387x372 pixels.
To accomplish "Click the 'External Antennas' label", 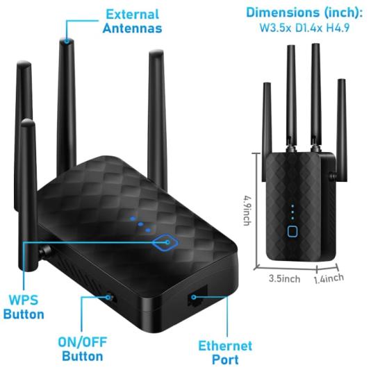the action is tap(132, 22).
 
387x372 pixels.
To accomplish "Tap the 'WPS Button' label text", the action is tap(24, 307).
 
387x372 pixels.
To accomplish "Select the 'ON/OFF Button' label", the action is tap(83, 349).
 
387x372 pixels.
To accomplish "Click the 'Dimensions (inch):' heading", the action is tap(304, 12).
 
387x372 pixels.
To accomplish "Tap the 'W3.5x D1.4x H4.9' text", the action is tap(304, 28).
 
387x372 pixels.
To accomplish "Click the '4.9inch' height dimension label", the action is tap(247, 210).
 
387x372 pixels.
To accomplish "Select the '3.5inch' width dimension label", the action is tap(285, 278).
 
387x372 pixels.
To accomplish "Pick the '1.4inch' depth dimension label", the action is tap(329, 278).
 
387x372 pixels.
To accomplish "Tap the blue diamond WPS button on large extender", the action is tap(165, 242).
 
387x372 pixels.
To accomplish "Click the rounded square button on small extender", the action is tap(293, 231).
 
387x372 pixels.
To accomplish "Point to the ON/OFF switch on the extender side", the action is tap(110, 297).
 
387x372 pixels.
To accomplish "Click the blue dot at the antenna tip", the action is tap(67, 41).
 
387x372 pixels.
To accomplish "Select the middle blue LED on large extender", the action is tap(140, 224).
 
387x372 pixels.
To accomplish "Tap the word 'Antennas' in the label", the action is tap(132, 28).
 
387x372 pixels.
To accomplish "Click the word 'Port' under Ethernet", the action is tap(225, 360).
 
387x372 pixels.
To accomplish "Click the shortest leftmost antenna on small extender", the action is tap(267, 132).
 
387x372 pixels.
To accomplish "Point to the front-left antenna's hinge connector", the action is tap(45, 252).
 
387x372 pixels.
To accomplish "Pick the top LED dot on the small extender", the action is tap(293, 205).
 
